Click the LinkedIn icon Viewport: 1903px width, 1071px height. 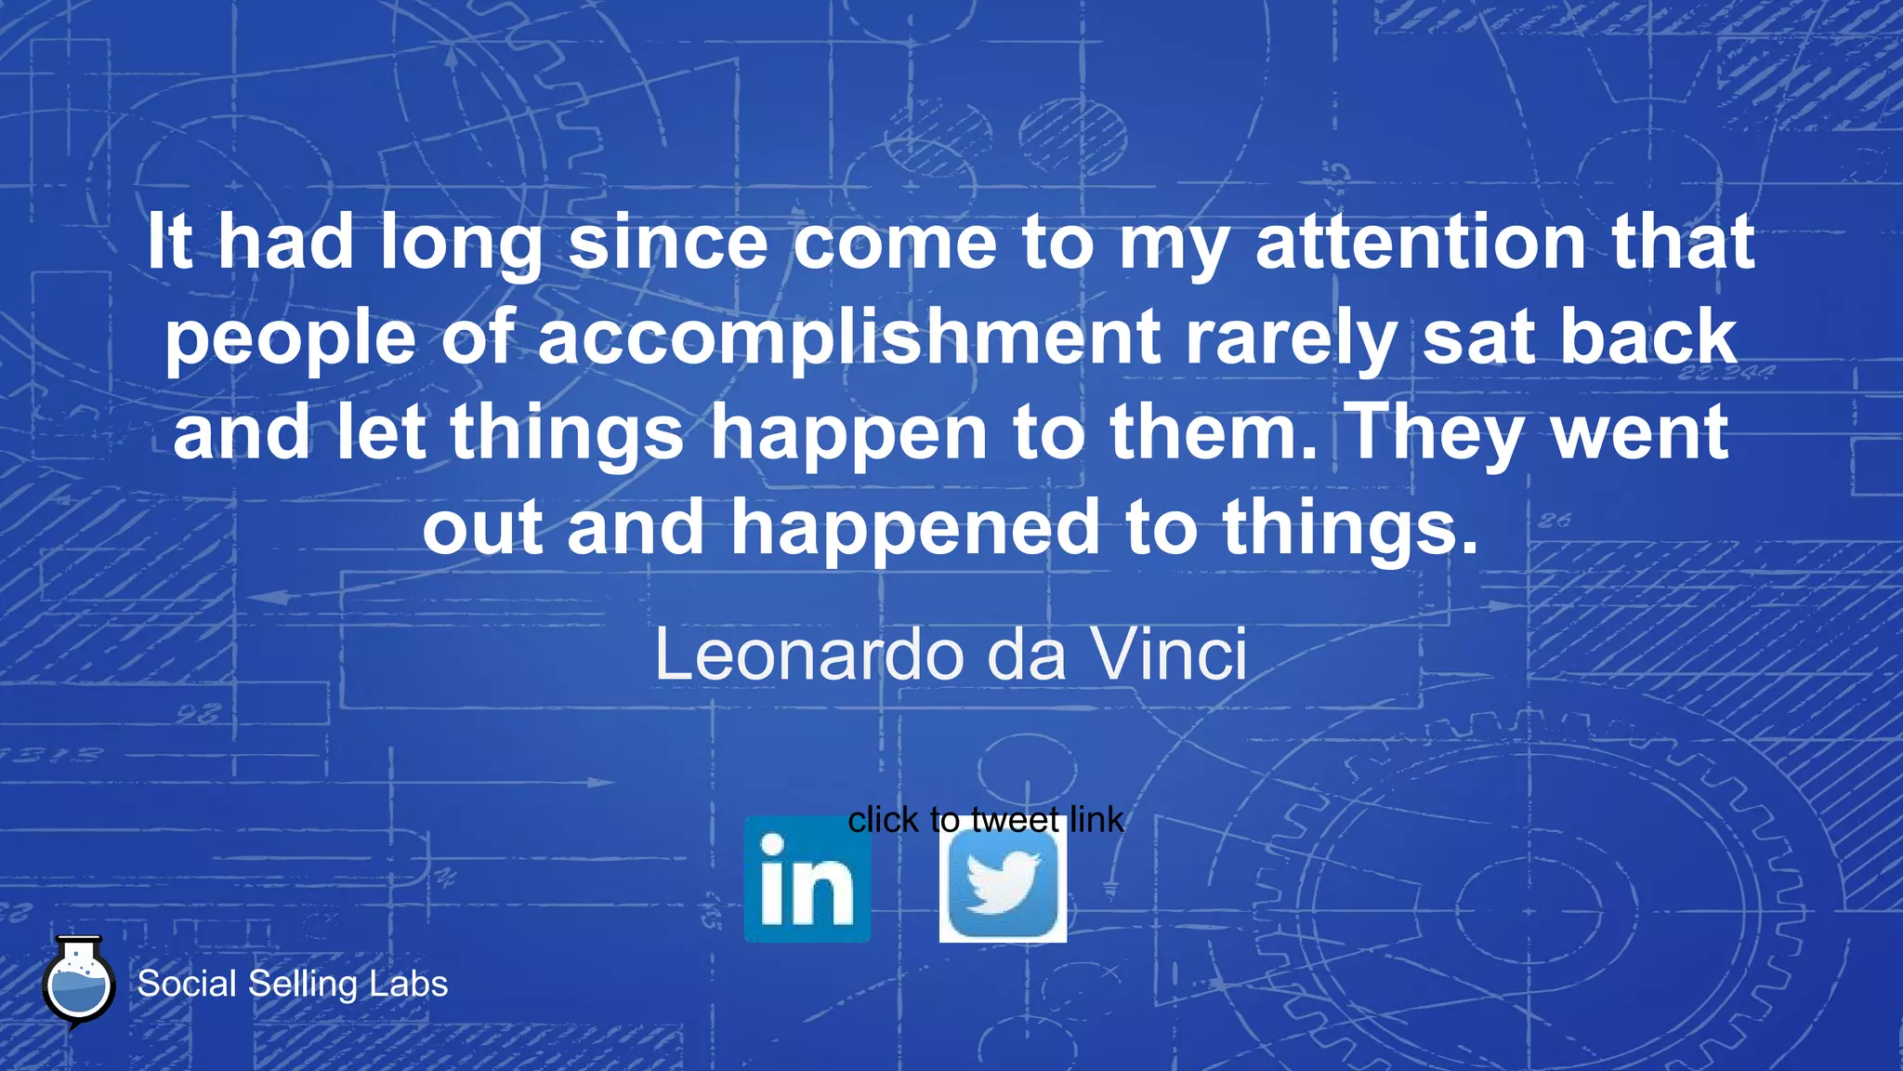click(x=807, y=879)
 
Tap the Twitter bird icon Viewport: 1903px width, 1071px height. click(x=1003, y=883)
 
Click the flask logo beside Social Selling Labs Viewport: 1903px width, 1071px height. click(x=79, y=984)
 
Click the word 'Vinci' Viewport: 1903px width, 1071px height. click(x=1168, y=655)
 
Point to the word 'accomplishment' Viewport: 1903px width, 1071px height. click(x=848, y=337)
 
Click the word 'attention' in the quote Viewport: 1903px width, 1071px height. click(x=1421, y=242)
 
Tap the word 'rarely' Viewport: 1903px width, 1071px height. click(x=1291, y=337)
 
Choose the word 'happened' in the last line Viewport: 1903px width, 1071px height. click(x=915, y=527)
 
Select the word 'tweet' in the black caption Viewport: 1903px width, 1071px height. click(x=1015, y=820)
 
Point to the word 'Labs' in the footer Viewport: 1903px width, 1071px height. click(x=409, y=984)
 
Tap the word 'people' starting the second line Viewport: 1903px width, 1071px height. click(x=290, y=337)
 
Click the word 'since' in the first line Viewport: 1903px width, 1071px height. click(x=667, y=242)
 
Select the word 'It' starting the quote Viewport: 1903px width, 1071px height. click(x=170, y=242)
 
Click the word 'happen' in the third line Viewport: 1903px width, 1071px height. click(x=848, y=432)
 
